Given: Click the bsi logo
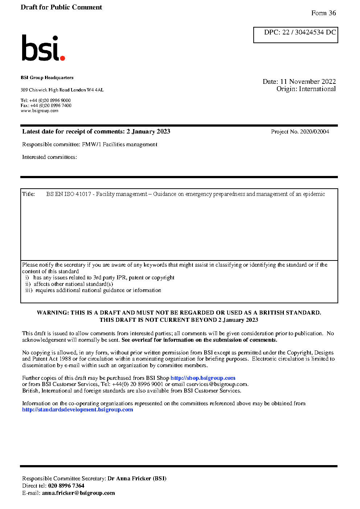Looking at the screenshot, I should pyautogui.click(x=43, y=48).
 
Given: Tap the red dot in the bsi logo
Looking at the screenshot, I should pyautogui.click(x=62, y=58).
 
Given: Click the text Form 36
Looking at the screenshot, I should pyautogui.click(x=323, y=13).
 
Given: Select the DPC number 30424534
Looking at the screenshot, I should pyautogui.click(x=309, y=32).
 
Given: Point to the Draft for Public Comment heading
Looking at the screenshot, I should pyautogui.click(x=61, y=7).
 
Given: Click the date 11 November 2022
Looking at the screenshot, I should pyautogui.click(x=308, y=82).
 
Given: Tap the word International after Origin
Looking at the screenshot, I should pyautogui.click(x=317, y=89).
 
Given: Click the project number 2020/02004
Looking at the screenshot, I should pyautogui.click(x=314, y=132).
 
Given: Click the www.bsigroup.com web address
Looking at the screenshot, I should pyautogui.click(x=40, y=111).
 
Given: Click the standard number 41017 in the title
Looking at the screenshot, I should pyautogui.click(x=83, y=194).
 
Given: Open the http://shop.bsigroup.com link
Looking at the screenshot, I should pyautogui.click(x=203, y=378).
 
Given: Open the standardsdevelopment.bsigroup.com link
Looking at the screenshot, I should pyautogui.click(x=77, y=410).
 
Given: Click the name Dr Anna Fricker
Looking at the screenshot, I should pyautogui.click(x=129, y=479).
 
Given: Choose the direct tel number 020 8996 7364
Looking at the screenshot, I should pyautogui.click(x=66, y=486).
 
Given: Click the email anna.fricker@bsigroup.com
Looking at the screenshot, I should pyautogui.click(x=78, y=493).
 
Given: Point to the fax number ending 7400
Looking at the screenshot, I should pyautogui.click(x=50, y=106).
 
